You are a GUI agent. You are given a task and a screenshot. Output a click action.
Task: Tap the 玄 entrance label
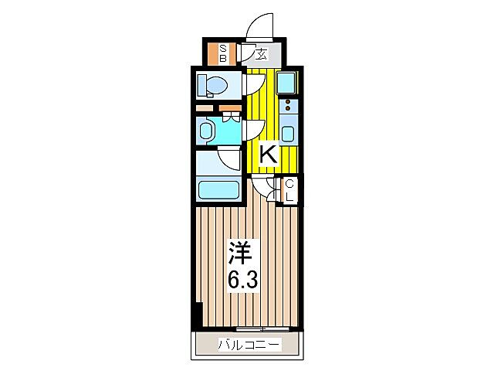pyautogui.click(x=261, y=54)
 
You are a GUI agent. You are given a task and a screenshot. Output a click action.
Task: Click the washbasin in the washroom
pyautogui.click(x=207, y=131)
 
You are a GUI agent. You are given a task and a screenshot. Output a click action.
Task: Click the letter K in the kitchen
pyautogui.click(x=267, y=155)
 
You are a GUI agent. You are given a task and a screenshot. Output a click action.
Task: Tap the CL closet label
pyautogui.click(x=289, y=190)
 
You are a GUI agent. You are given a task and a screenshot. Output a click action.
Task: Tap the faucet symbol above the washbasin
pyautogui.click(x=228, y=117)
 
